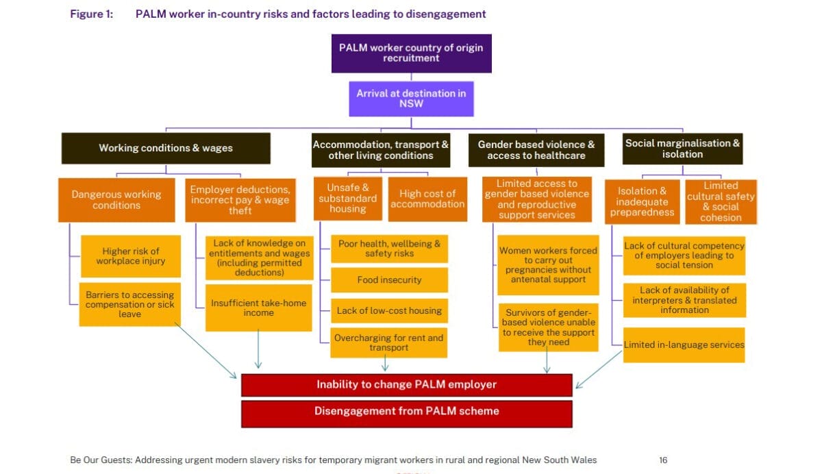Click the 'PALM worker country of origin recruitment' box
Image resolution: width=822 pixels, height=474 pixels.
tap(411, 53)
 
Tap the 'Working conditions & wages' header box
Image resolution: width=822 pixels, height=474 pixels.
tap(166, 148)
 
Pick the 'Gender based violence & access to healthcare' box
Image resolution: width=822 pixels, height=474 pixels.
tap(536, 150)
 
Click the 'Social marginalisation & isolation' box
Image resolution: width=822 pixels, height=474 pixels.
tap(682, 149)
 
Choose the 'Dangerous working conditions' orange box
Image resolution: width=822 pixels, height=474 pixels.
tap(116, 200)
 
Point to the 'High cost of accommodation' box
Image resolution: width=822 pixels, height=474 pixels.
tap(427, 199)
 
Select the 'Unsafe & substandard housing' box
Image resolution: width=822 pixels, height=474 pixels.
tap(348, 199)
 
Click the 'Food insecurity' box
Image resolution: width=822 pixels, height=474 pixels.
tap(389, 280)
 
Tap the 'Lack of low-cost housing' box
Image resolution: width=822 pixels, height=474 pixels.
tap(389, 311)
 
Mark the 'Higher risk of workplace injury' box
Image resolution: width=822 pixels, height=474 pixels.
tap(130, 256)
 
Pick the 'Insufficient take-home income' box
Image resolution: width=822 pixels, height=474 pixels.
tap(258, 308)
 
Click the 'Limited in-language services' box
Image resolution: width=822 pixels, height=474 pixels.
tap(684, 345)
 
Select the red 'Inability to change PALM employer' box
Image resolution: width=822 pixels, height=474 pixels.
tap(406, 384)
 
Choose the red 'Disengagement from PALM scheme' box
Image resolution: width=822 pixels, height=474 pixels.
tap(406, 412)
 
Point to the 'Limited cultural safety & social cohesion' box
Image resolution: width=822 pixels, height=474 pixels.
tap(721, 201)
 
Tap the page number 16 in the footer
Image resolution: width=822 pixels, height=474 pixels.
tap(663, 460)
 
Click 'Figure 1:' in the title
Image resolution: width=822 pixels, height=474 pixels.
tap(91, 14)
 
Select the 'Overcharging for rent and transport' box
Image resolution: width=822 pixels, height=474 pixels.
tap(389, 342)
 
